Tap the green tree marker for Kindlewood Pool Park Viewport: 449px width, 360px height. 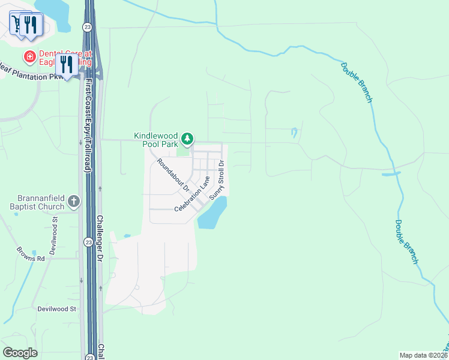point(187,139)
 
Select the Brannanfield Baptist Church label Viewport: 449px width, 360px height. point(32,202)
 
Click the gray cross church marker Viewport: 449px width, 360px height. point(74,202)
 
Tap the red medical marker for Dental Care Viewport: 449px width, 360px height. point(28,57)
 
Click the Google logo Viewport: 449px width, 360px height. point(20,353)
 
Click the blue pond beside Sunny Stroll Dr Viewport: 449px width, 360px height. point(212,213)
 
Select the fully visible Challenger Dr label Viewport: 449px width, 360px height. point(100,239)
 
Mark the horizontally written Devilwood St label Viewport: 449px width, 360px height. point(56,309)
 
